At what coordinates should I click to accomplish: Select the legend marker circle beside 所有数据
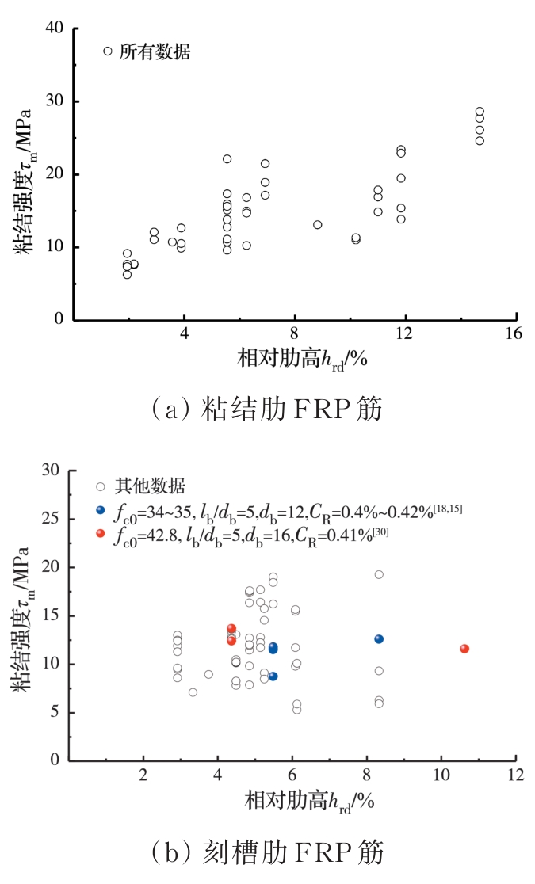[108, 51]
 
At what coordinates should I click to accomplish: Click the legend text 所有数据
[155, 52]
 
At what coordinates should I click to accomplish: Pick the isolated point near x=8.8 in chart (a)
[317, 225]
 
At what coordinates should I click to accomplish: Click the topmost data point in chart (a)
[480, 112]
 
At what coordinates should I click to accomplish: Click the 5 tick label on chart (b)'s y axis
[54, 713]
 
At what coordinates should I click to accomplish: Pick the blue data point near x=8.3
[379, 639]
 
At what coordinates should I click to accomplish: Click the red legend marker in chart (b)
[100, 534]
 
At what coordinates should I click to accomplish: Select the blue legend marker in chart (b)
[100, 510]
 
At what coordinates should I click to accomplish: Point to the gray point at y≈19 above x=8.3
[379, 575]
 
